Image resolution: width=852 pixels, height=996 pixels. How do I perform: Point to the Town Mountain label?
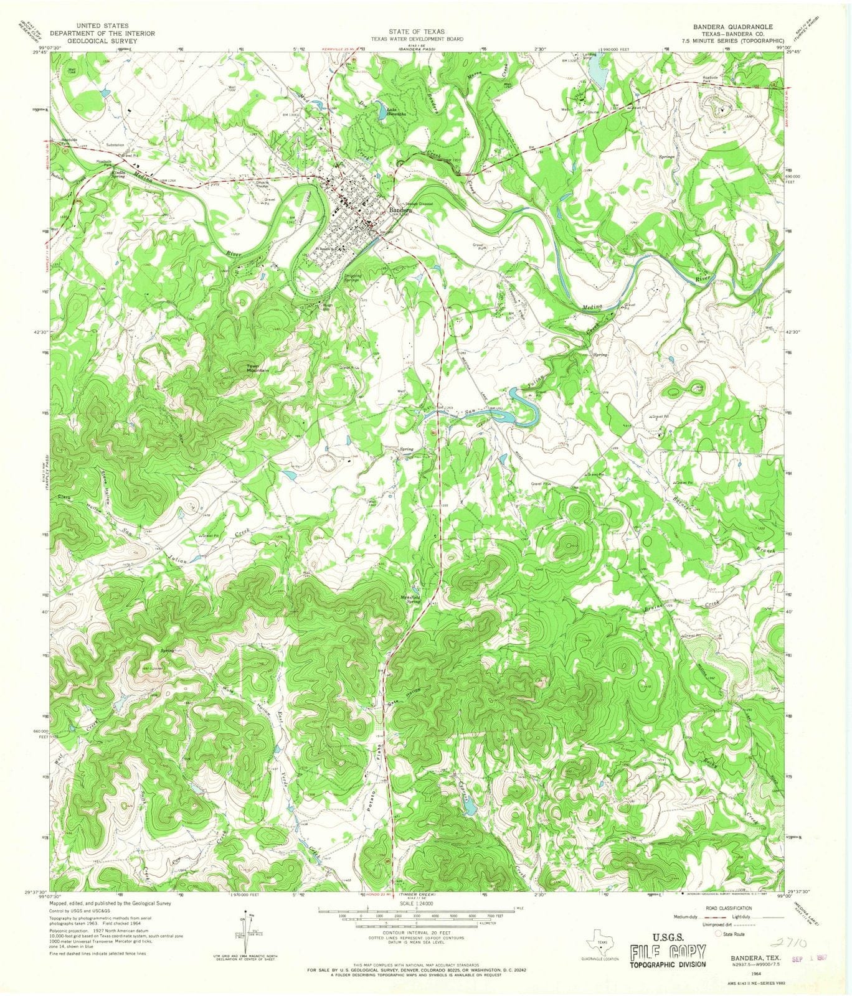coord(258,368)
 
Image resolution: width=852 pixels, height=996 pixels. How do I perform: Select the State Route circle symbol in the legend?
coord(717,934)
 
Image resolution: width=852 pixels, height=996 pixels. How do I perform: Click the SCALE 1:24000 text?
coord(416,903)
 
